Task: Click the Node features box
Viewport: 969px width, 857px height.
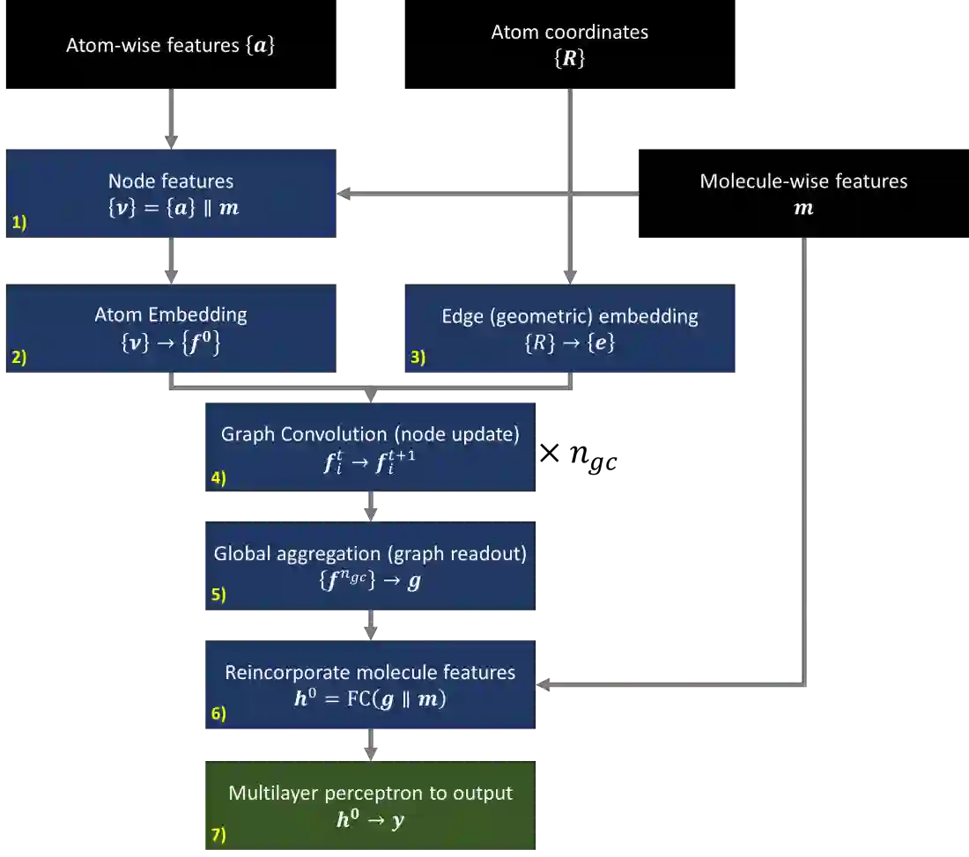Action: (171, 194)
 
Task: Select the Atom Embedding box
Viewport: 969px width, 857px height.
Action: (171, 327)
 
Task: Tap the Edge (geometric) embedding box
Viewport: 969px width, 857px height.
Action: (570, 327)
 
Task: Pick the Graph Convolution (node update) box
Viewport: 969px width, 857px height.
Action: (370, 447)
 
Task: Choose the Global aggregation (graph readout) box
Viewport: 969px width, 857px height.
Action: (370, 566)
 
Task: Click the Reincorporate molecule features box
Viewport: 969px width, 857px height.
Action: (370, 686)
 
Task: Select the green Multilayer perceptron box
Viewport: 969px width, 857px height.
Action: (370, 806)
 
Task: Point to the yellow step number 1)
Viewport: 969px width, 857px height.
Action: (19, 224)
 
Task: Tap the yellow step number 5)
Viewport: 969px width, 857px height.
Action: (218, 595)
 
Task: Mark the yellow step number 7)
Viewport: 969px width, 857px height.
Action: (218, 835)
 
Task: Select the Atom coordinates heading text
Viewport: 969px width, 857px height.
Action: (570, 33)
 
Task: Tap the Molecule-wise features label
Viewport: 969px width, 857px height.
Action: (803, 181)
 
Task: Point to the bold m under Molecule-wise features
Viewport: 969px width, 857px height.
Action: (803, 210)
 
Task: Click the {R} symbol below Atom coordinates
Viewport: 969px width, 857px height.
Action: (570, 60)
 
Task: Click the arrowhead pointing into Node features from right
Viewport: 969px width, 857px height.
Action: (346, 193)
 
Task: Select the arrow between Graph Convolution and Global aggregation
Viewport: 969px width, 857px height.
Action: (372, 506)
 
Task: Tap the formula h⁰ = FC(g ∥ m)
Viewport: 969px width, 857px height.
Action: (370, 700)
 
